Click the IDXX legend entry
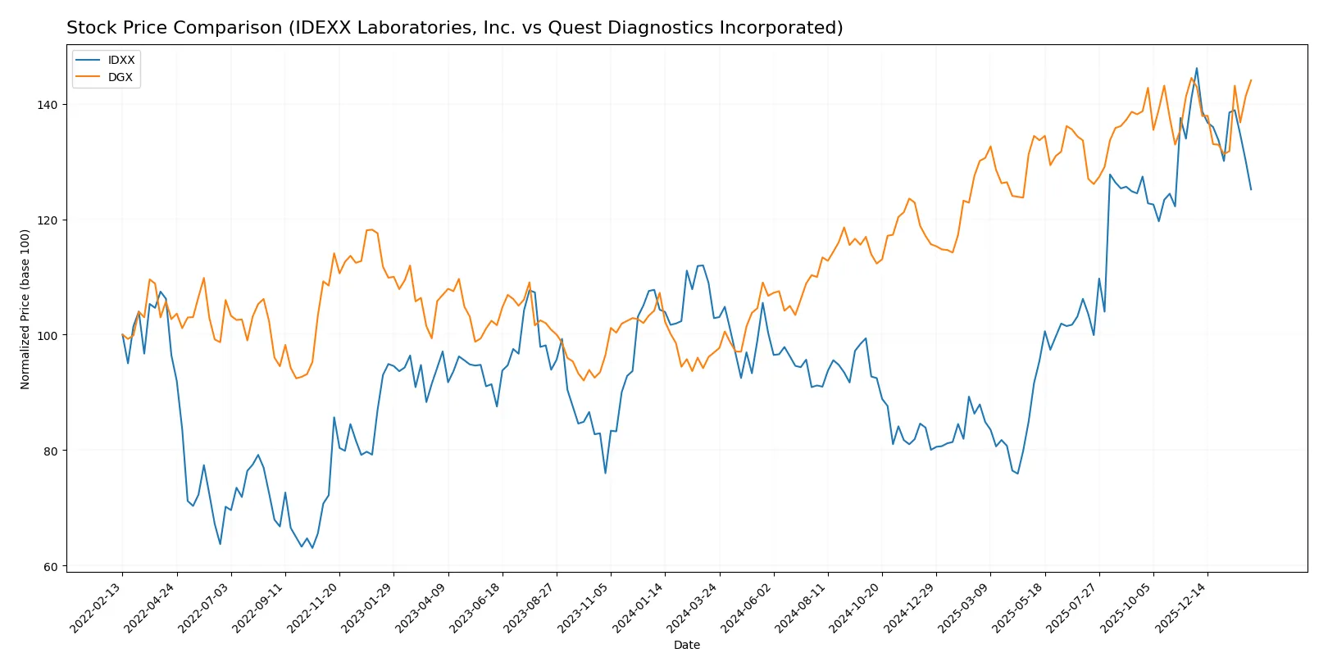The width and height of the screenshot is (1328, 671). [121, 60]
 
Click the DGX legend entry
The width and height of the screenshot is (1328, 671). [120, 77]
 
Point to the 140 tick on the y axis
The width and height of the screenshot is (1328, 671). [47, 105]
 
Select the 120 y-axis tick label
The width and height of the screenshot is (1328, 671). [47, 220]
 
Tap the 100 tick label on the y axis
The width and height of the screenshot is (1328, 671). [47, 336]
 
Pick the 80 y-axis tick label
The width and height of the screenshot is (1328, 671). [50, 451]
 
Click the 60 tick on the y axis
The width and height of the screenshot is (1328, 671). [50, 567]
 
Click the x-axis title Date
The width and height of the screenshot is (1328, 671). [687, 645]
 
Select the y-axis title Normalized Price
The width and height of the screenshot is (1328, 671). [25, 309]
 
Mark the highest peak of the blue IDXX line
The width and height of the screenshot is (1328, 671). [1196, 69]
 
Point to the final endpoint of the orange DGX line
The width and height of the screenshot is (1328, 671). [1251, 80]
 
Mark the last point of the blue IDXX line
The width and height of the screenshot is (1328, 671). [1251, 189]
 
